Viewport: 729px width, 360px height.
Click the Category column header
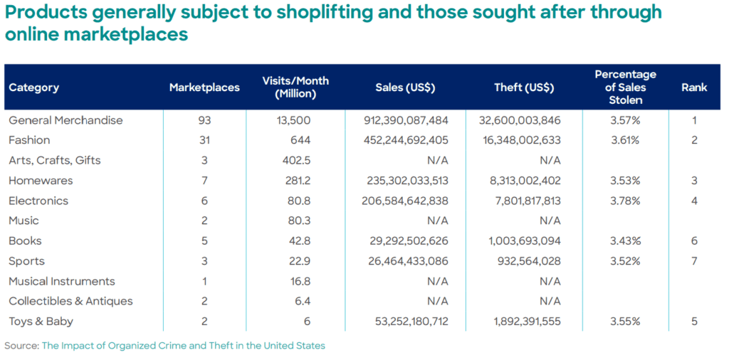34,88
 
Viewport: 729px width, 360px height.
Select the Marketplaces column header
204,88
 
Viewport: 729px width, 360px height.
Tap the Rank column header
693,88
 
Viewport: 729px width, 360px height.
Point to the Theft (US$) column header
524,88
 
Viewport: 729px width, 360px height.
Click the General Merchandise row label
65,120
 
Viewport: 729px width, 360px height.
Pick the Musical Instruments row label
62,281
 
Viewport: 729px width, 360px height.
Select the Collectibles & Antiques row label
70,301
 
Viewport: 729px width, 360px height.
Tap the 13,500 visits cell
294,120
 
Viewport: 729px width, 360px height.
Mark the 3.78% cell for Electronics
625,201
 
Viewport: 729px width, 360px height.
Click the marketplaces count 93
204,120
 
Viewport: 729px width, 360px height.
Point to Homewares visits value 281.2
297,181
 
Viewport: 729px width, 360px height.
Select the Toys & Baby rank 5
693,321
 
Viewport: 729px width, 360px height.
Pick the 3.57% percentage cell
625,120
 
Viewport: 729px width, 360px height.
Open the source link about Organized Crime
183,346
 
